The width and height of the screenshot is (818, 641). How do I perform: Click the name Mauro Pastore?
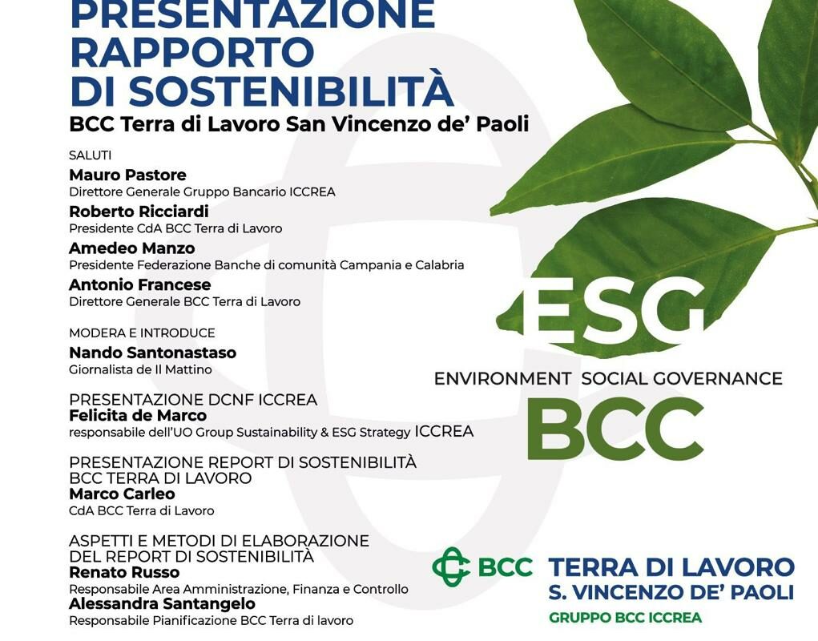pos(127,175)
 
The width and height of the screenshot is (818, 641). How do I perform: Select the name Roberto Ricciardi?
pos(139,212)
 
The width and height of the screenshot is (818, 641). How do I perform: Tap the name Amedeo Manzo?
pos(131,248)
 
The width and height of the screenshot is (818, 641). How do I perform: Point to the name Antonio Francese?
pos(139,285)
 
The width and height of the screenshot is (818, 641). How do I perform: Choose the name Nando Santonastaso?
pos(152,353)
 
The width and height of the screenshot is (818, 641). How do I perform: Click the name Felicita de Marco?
pos(138,416)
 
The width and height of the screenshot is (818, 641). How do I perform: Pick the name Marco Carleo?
pos(122,494)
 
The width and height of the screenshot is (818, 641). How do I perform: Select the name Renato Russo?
pos(124,573)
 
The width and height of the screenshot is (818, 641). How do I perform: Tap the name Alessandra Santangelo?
pos(162,604)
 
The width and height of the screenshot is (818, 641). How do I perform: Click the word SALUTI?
pos(90,155)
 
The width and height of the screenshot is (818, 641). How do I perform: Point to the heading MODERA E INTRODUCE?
pos(142,333)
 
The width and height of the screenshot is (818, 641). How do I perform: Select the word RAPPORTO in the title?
pos(191,51)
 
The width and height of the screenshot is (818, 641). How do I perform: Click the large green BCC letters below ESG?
pos(615,428)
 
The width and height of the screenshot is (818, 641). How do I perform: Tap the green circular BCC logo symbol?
pos(451,567)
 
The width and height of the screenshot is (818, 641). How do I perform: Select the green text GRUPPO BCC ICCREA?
pos(625,618)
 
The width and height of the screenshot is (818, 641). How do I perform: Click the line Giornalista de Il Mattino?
pos(140,369)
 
